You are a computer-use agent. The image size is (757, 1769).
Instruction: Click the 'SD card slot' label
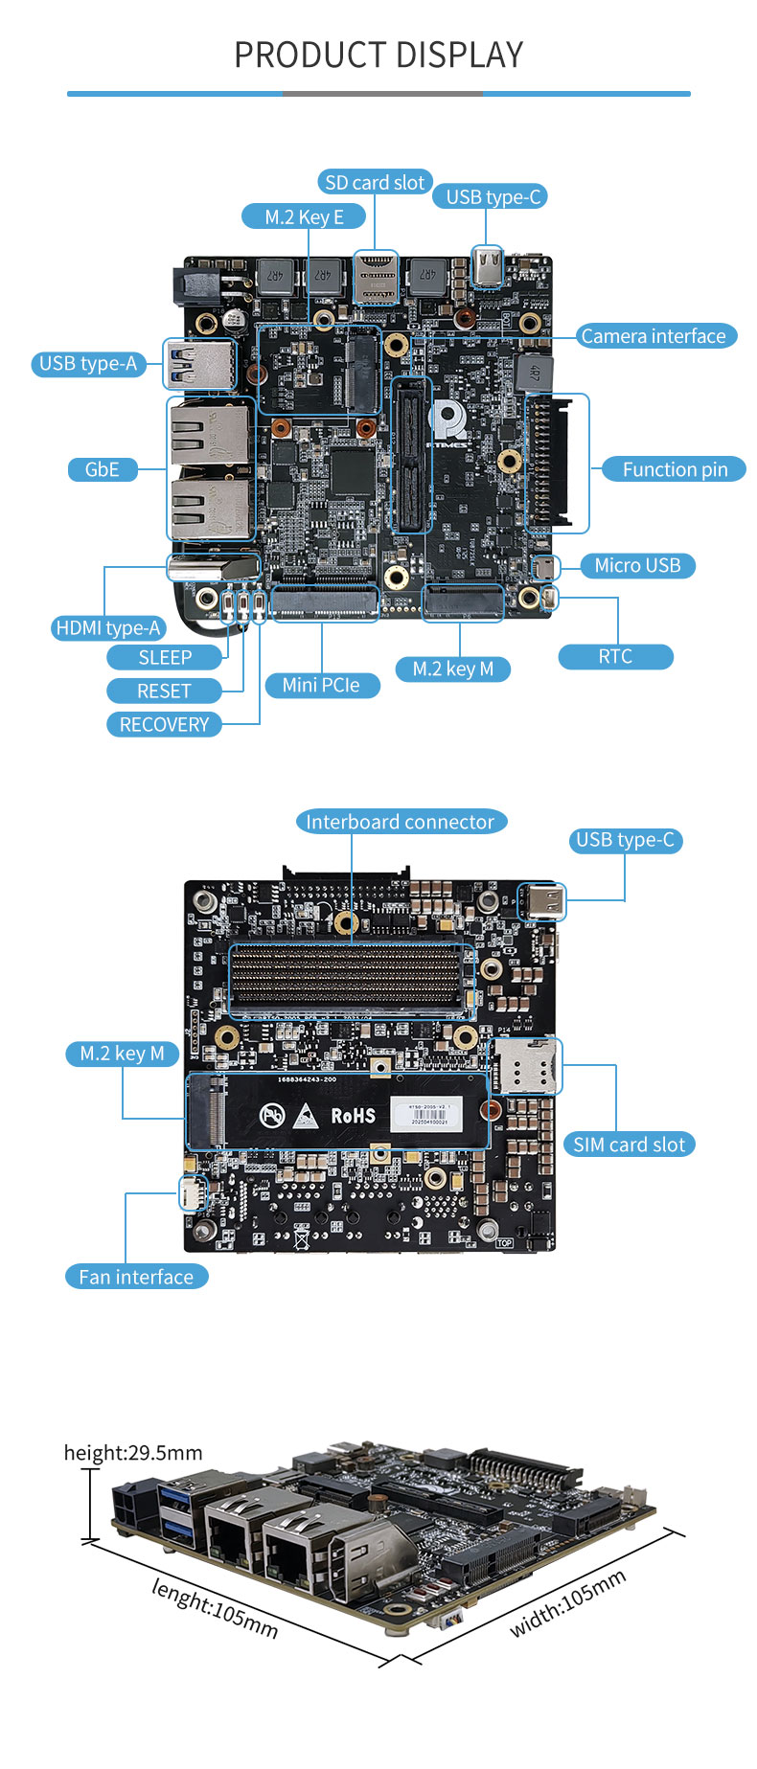(375, 182)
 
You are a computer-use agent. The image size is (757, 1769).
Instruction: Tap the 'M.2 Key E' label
(304, 216)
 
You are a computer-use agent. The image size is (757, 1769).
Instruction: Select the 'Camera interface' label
(654, 336)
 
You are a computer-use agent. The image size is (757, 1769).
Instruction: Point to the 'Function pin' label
(675, 469)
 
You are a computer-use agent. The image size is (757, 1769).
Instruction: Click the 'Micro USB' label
(637, 565)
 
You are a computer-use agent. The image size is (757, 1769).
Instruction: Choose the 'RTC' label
(615, 656)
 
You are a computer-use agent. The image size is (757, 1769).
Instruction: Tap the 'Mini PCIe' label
(321, 685)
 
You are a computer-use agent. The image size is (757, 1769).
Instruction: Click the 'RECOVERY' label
(164, 724)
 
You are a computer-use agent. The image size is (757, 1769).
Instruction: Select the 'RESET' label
(164, 691)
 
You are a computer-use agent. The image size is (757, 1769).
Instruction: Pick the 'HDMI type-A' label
(108, 627)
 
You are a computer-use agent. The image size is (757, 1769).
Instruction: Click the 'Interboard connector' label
(400, 822)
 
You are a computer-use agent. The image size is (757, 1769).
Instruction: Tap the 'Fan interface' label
(136, 1277)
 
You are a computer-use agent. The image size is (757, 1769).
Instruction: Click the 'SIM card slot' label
(629, 1145)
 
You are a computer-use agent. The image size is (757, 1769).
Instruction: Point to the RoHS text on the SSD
(353, 1115)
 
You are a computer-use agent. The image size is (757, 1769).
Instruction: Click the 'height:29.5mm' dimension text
(133, 1453)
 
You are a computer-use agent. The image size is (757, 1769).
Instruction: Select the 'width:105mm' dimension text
(568, 1603)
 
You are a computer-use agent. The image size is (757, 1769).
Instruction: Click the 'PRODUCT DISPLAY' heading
(378, 56)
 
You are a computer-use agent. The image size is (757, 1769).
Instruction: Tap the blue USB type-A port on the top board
(199, 363)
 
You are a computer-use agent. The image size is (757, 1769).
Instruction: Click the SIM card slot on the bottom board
(524, 1066)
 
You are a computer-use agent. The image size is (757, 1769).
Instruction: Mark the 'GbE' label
(102, 469)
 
